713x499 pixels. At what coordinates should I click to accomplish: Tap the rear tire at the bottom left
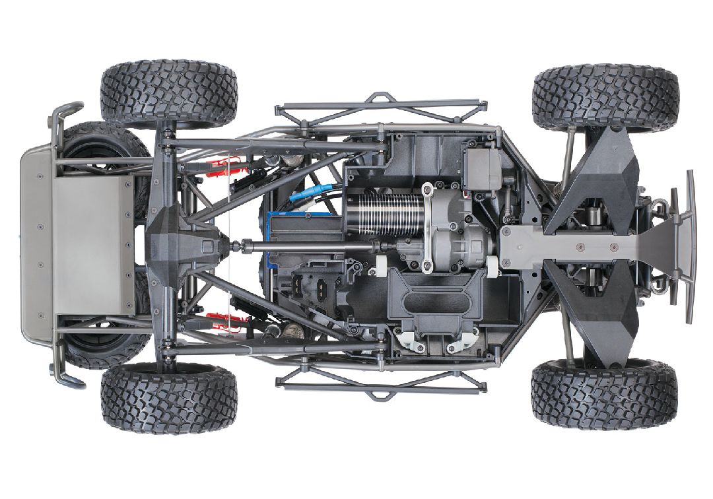[x=168, y=395]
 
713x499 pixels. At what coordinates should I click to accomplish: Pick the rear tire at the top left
[x=168, y=92]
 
